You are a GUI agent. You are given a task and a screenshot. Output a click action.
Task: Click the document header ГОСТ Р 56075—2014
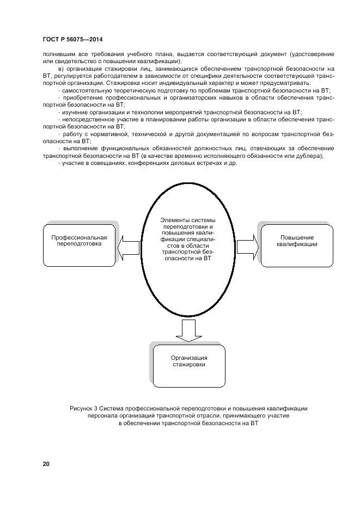[x=72, y=39]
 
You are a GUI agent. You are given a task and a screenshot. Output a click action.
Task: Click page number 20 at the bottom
[x=46, y=464]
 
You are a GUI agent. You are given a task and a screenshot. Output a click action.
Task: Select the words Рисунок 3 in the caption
[x=82, y=408]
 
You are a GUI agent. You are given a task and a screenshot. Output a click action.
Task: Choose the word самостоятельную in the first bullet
[x=86, y=90]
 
